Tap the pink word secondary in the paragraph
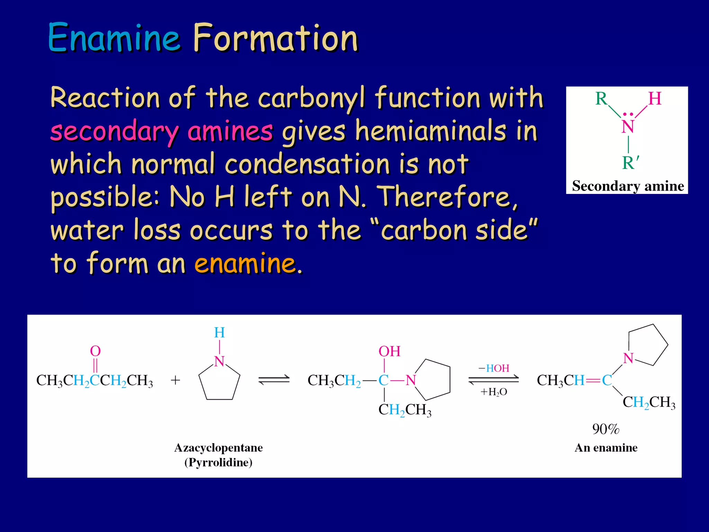[x=114, y=132]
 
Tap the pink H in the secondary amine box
[x=655, y=98]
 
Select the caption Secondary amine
[x=628, y=186]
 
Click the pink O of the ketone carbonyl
[x=95, y=351]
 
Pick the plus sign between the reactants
[x=176, y=380]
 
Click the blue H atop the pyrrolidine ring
[x=219, y=333]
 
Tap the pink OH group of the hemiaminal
[x=389, y=351]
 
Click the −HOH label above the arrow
[x=494, y=368]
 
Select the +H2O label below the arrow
[x=494, y=392]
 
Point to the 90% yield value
[x=605, y=429]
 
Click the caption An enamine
[x=606, y=448]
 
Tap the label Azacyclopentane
[x=218, y=448]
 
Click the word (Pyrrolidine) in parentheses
[x=218, y=462]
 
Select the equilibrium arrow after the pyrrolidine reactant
[x=274, y=380]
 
